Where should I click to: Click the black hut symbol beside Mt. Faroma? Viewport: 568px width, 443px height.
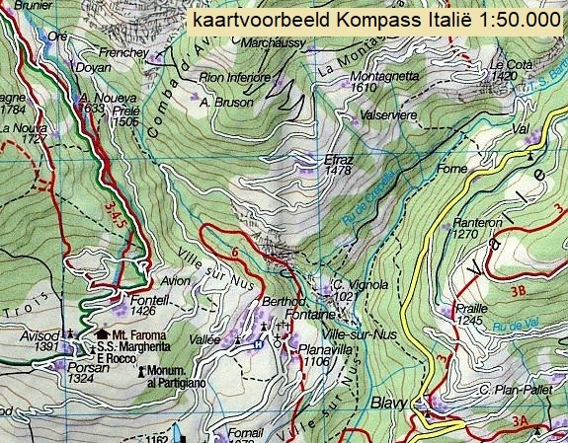(102, 334)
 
